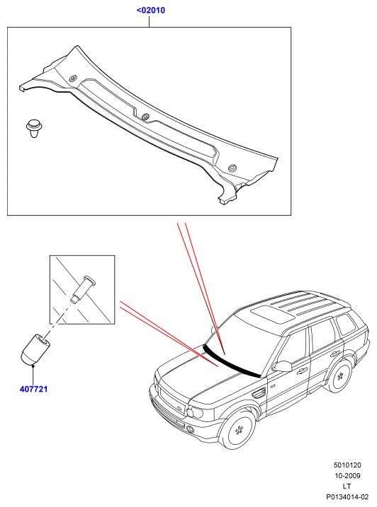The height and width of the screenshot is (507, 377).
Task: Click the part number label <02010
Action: point(151,11)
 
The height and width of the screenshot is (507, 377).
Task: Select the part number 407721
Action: point(34,389)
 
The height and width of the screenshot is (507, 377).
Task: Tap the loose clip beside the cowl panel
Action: point(34,129)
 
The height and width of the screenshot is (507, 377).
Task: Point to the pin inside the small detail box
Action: point(84,289)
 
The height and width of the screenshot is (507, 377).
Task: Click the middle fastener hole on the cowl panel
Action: point(145,117)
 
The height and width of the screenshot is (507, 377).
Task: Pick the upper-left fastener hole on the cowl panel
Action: point(73,78)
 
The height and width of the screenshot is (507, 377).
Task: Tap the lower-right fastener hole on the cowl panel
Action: point(232,168)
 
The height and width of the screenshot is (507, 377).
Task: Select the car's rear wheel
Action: point(339,376)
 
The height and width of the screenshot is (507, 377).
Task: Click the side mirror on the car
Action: point(282,366)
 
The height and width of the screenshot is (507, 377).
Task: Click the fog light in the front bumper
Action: point(191,429)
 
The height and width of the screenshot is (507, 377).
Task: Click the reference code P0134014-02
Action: point(347,497)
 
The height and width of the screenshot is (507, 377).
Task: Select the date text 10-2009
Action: point(347,476)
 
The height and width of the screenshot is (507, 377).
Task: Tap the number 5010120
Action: point(347,465)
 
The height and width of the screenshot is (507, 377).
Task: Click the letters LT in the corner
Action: point(347,486)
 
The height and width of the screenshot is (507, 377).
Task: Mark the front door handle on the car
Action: point(302,371)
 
